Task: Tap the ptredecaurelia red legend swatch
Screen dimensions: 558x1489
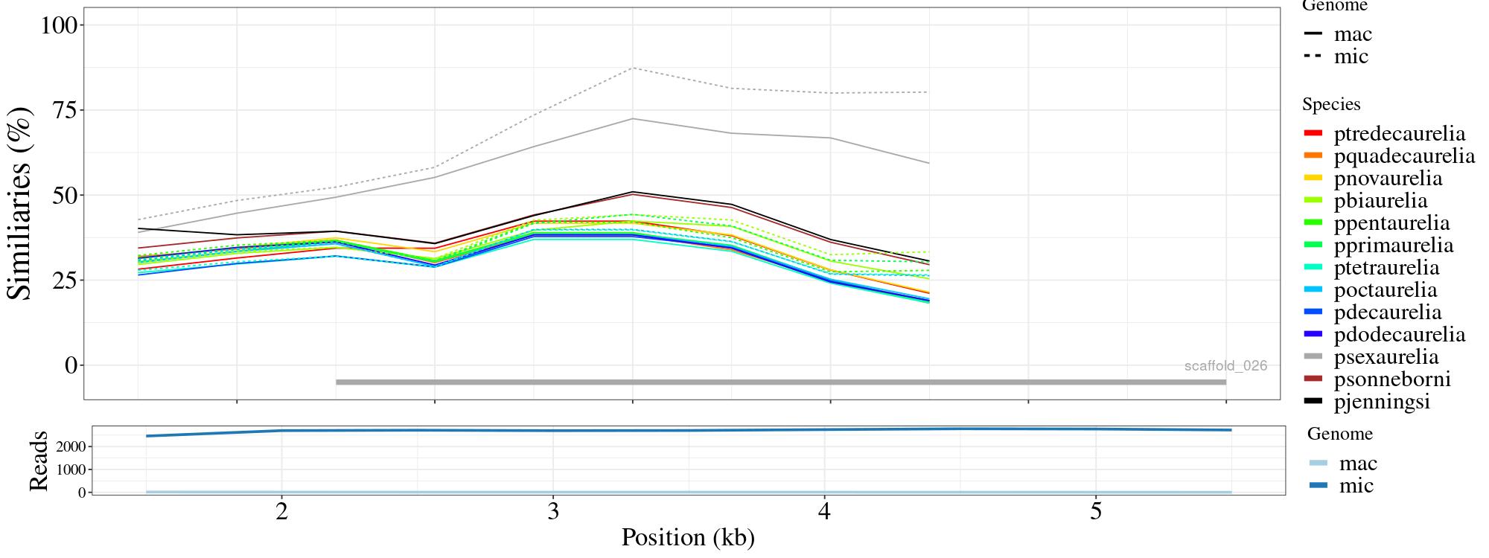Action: click(1313, 134)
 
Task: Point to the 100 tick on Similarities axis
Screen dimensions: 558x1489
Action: click(60, 25)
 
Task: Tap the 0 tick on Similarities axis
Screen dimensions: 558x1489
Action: click(71, 365)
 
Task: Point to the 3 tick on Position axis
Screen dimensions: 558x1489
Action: click(552, 513)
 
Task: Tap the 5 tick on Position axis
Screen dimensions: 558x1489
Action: click(1095, 513)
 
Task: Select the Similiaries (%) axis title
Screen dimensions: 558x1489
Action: click(21, 203)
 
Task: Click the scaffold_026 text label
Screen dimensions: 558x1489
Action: click(1225, 366)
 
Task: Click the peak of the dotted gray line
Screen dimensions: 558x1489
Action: click(633, 68)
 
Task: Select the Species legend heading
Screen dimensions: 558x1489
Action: click(1331, 105)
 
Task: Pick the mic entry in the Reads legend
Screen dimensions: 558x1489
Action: click(1356, 486)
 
